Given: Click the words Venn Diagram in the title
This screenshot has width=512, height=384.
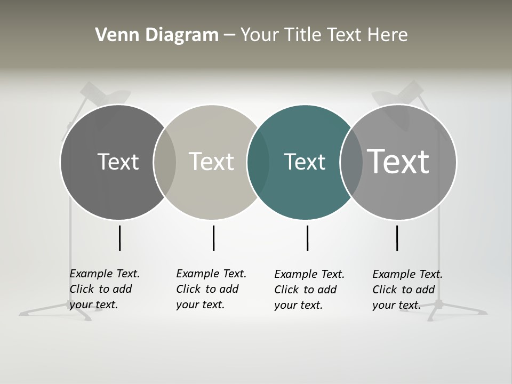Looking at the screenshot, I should point(157,35).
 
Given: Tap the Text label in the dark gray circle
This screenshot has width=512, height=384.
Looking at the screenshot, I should point(118,162).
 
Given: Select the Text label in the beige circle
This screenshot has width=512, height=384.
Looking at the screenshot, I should point(211,162).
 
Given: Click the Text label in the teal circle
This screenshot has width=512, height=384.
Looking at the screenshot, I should point(305,162).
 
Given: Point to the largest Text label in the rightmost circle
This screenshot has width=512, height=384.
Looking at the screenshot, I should point(398,161).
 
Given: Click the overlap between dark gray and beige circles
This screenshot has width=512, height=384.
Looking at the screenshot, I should point(165,162).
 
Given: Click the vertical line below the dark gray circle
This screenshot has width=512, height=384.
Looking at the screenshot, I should point(120,238).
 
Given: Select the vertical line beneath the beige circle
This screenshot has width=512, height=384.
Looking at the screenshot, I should point(213,238).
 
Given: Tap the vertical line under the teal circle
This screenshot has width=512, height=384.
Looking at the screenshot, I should point(307,238).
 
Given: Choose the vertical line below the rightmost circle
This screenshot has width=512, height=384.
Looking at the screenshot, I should point(397,238).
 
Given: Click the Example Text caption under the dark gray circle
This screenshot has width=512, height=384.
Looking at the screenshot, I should point(105,289).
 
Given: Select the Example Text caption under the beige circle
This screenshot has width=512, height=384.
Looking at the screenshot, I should point(211,289).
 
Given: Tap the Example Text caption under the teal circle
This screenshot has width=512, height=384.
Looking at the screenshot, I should point(309,290).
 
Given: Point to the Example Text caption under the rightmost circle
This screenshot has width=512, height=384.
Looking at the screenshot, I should point(407,290).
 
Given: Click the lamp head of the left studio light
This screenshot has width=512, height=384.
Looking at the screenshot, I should point(107,95).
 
